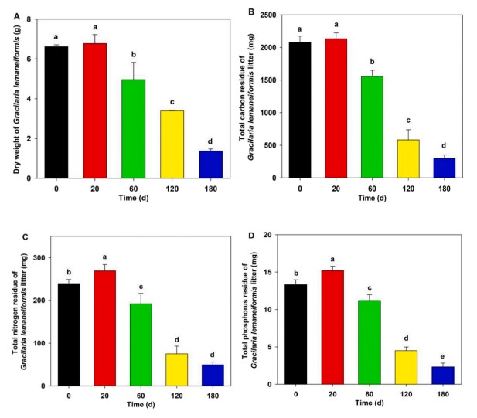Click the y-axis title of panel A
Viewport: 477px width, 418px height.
(17, 95)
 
